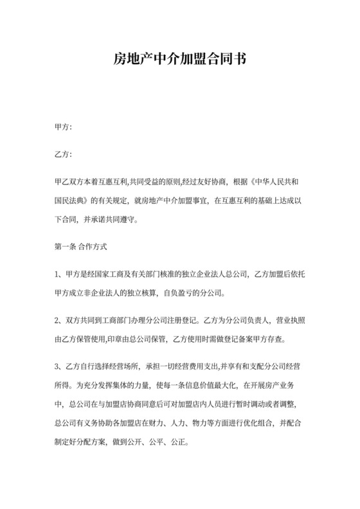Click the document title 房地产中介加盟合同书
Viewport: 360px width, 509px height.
click(179, 60)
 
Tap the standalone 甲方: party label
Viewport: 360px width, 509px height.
click(64, 127)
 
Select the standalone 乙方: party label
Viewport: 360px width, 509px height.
click(64, 154)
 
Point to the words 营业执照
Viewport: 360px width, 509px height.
click(289, 318)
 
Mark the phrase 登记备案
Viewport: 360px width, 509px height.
click(241, 336)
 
